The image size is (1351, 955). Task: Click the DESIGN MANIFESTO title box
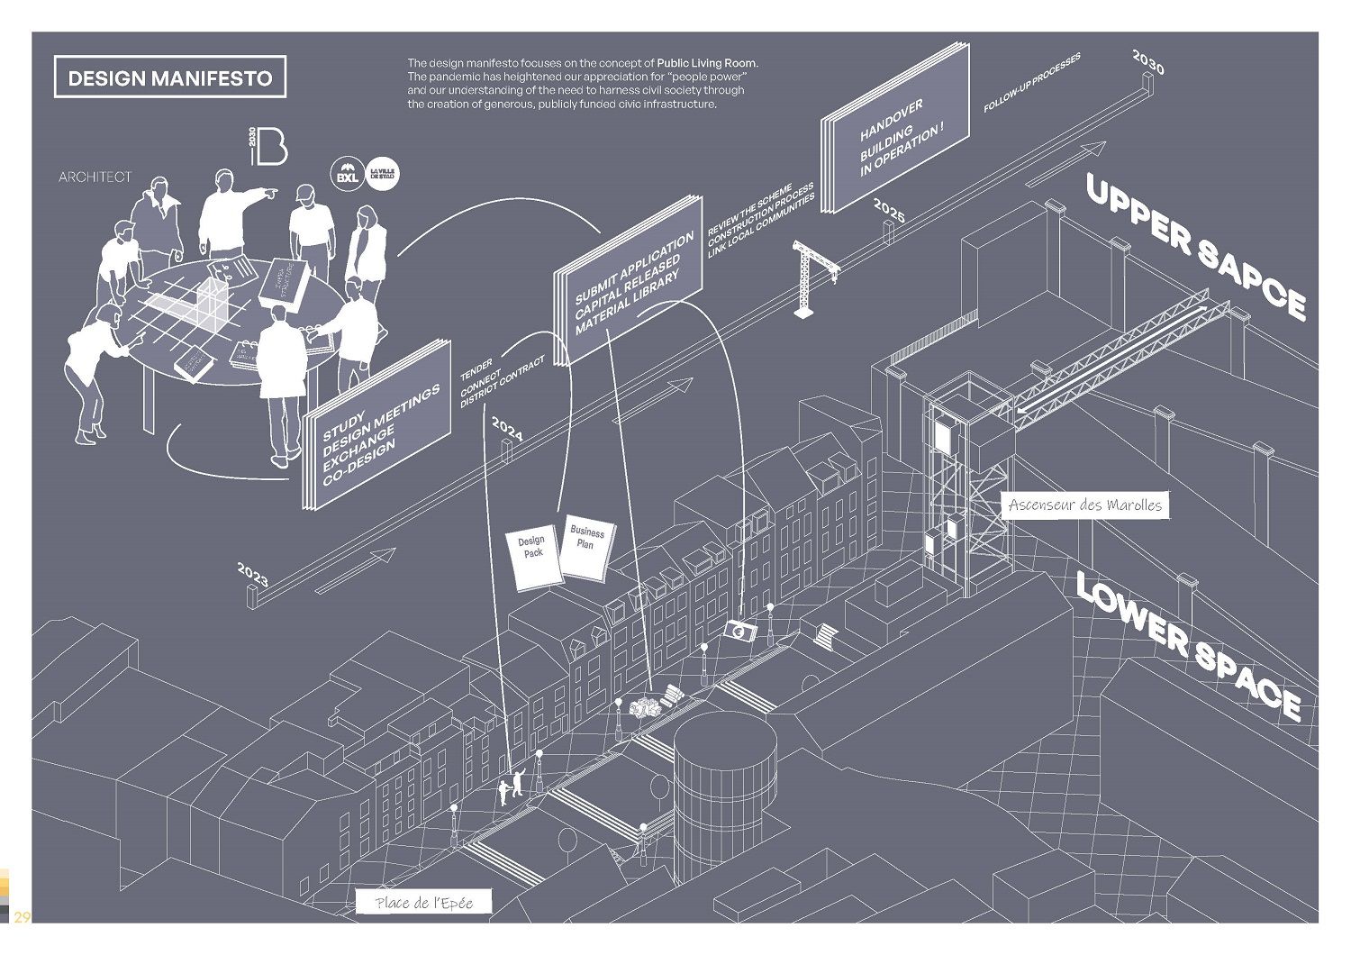170,77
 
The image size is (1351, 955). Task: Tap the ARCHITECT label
95,177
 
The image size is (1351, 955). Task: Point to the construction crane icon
810,277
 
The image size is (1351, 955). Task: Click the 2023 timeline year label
253,575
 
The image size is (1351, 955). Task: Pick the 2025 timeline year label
889,211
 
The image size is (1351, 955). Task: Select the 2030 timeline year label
1147,64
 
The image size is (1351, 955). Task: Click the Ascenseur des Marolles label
1085,505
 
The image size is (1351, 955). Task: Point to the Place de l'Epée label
423,902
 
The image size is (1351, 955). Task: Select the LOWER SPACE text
1189,647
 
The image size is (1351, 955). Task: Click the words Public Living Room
707,64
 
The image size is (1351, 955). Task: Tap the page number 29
23,917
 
